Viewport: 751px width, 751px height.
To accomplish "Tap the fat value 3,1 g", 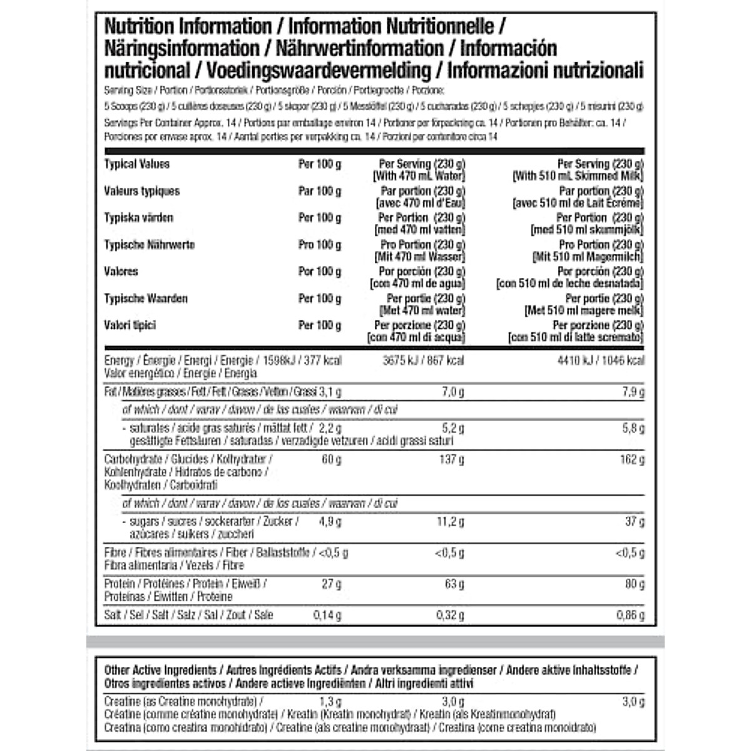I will coord(330,392).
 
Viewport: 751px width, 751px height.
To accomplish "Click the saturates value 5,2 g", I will coord(452,428).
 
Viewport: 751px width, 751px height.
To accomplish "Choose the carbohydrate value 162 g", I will coord(632,459).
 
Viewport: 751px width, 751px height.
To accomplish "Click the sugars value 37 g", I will coord(635,521).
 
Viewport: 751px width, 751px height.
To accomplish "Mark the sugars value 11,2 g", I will coord(450,521).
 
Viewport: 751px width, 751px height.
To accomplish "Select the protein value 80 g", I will coord(635,584).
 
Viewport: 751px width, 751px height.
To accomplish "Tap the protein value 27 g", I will coord(331,584).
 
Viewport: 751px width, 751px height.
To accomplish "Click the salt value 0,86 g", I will coord(630,615).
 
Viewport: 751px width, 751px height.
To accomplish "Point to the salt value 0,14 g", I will coord(327,615).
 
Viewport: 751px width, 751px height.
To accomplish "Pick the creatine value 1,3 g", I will coord(330,702).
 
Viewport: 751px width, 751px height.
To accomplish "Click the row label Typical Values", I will coord(136,164).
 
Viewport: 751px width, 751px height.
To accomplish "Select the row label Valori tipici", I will coord(130,325).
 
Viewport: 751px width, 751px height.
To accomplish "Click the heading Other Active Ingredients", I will coord(160,670).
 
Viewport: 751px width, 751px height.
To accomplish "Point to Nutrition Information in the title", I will coord(188,27).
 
